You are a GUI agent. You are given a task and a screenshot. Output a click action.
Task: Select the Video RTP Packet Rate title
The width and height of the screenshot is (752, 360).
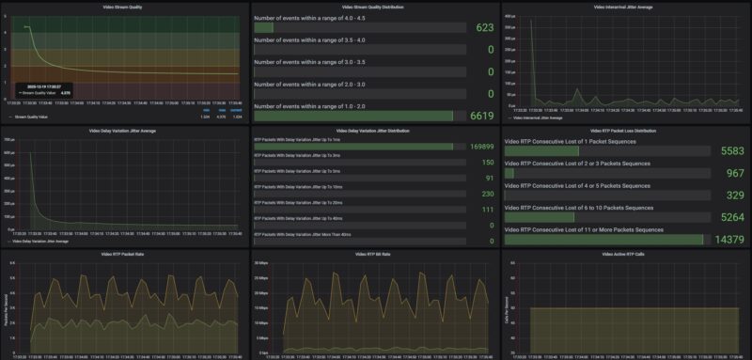pyautogui.click(x=125, y=254)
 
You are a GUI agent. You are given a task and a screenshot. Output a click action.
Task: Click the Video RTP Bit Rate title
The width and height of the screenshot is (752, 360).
pyautogui.click(x=375, y=254)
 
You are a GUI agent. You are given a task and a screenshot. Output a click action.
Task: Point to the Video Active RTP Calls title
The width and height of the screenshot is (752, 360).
pyautogui.click(x=626, y=254)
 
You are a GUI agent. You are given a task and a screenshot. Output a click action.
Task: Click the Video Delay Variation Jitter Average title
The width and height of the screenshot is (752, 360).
pyautogui.click(x=125, y=131)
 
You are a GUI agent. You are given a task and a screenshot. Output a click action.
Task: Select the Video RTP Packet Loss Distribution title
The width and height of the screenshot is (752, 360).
pyautogui.click(x=626, y=131)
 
